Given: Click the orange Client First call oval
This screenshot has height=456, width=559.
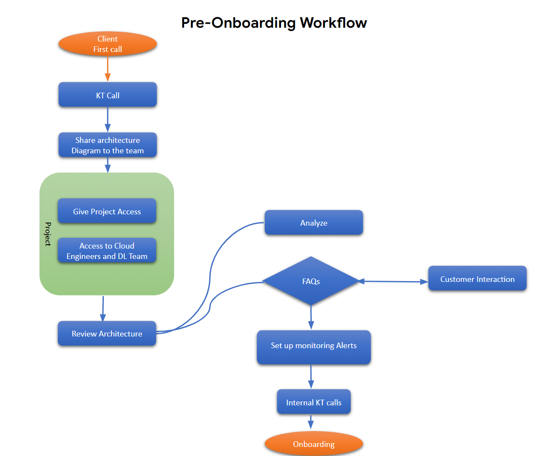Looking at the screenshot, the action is coord(107,44).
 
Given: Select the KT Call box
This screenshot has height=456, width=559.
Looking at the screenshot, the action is coord(107,95).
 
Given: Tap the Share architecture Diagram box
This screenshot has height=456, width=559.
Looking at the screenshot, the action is coord(107,145).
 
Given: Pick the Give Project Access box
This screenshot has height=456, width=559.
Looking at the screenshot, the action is coord(107,211).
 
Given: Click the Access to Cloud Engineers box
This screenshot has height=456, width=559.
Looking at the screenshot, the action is coord(107,250).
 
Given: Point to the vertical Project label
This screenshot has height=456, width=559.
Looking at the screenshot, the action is coord(48,234).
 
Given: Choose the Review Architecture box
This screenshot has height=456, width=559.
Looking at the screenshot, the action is coord(107,333).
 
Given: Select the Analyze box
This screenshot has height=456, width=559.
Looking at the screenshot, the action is coord(313,223).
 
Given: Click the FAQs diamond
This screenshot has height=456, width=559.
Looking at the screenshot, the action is coord(310,281).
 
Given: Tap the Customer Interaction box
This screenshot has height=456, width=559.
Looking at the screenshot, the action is coord(477,278).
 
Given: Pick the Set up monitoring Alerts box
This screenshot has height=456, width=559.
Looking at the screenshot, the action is coord(313,347).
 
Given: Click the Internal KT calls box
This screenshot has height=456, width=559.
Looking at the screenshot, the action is coord(313,401).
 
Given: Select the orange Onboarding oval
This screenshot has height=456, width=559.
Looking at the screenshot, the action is coord(313,443).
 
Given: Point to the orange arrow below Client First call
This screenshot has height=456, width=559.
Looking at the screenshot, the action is coord(107,69).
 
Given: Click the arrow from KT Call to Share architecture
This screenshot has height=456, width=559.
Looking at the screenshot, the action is coord(107,120).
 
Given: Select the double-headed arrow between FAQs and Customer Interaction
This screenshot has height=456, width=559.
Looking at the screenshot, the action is coord(393,281).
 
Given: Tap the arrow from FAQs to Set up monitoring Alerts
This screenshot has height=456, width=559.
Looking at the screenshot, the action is coord(311,317).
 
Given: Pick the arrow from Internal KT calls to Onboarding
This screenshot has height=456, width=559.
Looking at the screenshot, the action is coord(310,422).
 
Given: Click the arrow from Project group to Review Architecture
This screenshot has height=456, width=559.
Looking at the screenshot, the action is coord(103,309).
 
